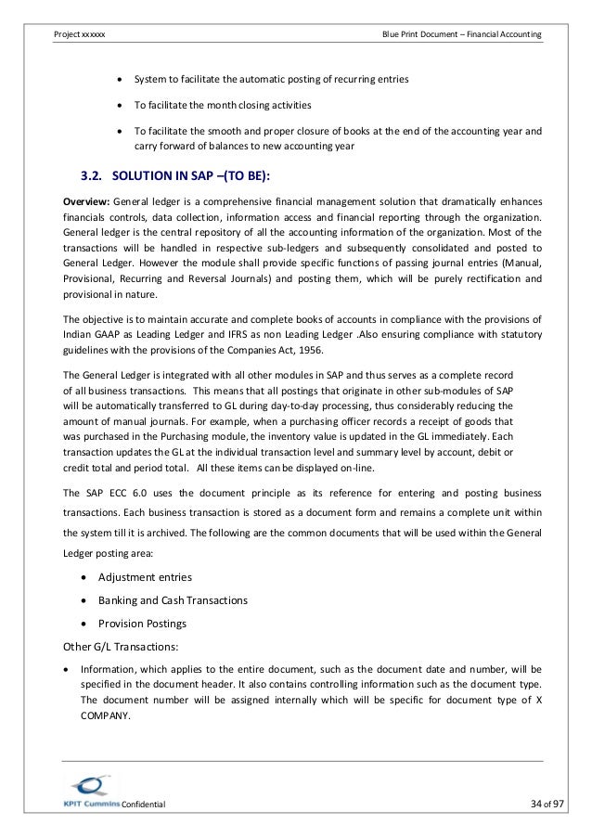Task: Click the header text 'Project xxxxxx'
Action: point(80,34)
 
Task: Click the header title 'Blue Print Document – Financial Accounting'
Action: point(462,34)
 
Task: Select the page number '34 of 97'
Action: point(521,804)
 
